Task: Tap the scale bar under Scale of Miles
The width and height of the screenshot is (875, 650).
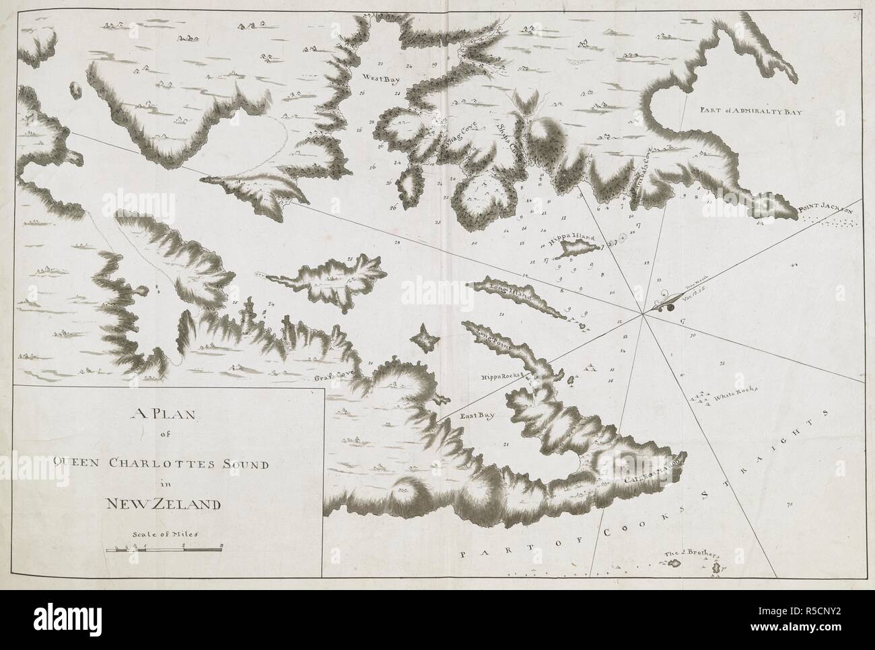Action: [164, 550]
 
